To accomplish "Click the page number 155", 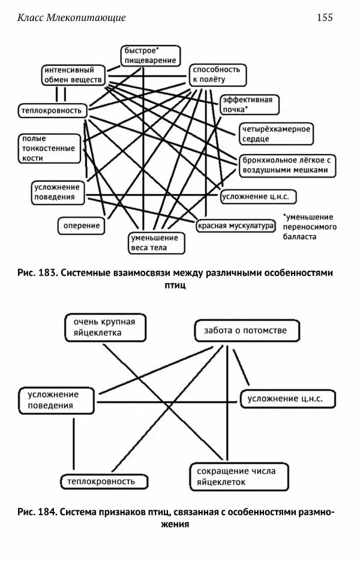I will (x=324, y=17).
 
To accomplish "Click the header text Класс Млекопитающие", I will (x=71, y=17).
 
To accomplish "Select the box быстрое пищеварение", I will (x=150, y=55).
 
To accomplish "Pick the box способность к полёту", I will (x=217, y=74).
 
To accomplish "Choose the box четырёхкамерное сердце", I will (x=276, y=134).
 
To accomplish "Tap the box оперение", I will (x=82, y=227).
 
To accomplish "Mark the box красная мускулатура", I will (x=235, y=226).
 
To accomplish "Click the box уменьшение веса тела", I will (x=157, y=243).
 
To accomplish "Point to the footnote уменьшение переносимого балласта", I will (x=310, y=227).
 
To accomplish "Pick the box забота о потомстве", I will (x=245, y=330).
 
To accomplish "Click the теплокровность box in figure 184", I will (x=104, y=481).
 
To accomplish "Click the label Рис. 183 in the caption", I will (x=37, y=273).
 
